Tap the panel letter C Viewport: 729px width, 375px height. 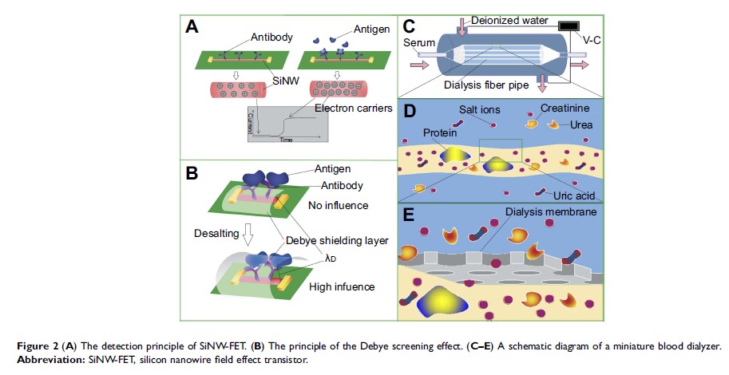point(408,26)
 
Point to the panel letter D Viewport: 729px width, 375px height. point(408,111)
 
